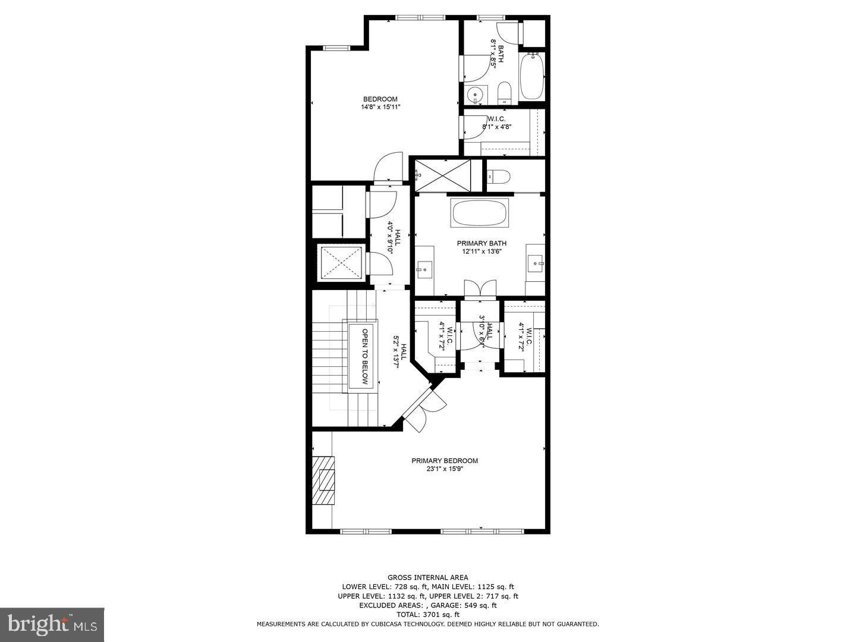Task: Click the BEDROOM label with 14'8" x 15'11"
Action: point(380,103)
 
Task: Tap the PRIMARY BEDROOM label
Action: point(445,464)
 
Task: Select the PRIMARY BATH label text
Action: point(481,247)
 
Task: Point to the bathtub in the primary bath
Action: point(480,213)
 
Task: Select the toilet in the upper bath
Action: point(504,93)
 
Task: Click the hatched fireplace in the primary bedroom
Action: point(325,480)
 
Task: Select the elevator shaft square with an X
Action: point(341,262)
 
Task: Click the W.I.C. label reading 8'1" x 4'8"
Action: point(496,122)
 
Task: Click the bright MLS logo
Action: point(52,624)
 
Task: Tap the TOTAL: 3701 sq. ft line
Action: point(427,614)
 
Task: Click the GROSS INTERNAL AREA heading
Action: point(427,577)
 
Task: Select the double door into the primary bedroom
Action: point(425,409)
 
